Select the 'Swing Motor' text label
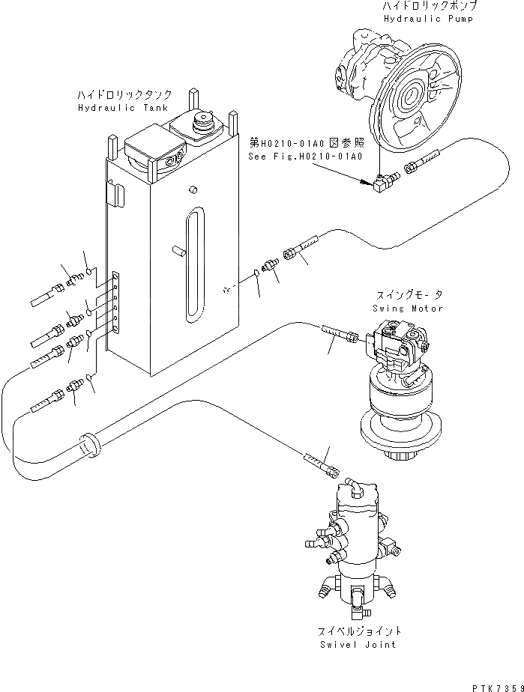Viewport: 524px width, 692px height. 407,309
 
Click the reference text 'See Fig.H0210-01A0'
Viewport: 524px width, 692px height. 305,157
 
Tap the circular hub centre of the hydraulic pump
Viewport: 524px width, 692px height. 413,98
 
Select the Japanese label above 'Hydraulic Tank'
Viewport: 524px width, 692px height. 125,95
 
